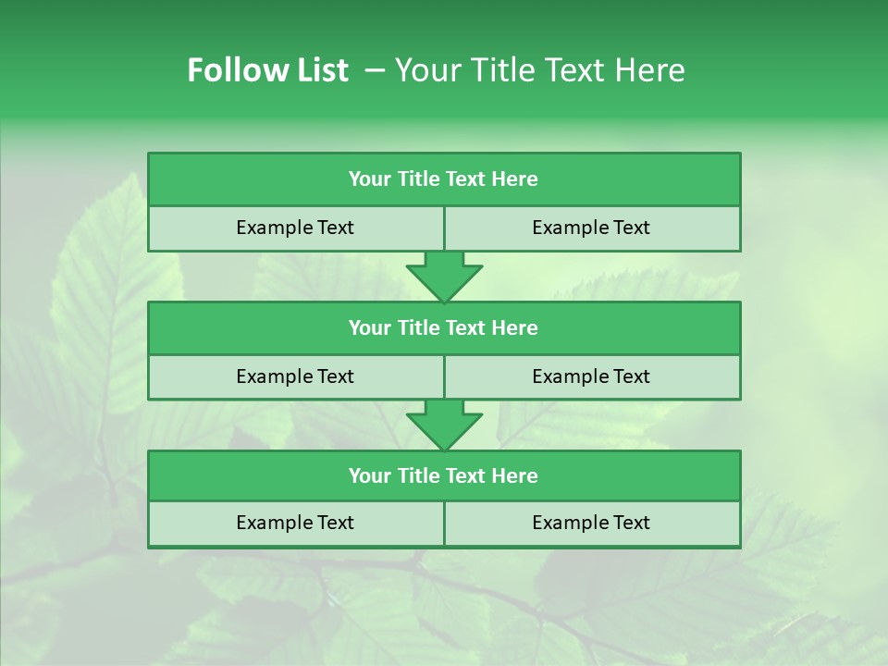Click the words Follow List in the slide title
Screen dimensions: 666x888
tap(267, 70)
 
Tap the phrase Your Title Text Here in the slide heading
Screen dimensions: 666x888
tap(539, 70)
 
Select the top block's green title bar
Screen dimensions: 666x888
tap(444, 179)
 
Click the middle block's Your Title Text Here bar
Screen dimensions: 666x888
tap(444, 328)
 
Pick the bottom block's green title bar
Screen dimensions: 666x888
tap(444, 476)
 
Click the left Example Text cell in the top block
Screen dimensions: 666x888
tap(295, 228)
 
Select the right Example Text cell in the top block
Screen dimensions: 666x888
tap(592, 228)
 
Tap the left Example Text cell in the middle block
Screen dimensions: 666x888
tap(295, 377)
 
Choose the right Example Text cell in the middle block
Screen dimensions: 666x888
tap(592, 377)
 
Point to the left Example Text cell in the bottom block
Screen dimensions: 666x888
tap(295, 524)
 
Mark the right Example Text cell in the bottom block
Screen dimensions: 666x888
tap(592, 524)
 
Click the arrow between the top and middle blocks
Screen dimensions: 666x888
tap(444, 276)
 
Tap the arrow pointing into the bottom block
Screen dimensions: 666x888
tap(444, 425)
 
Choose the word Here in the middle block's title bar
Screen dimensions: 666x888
tap(515, 328)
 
